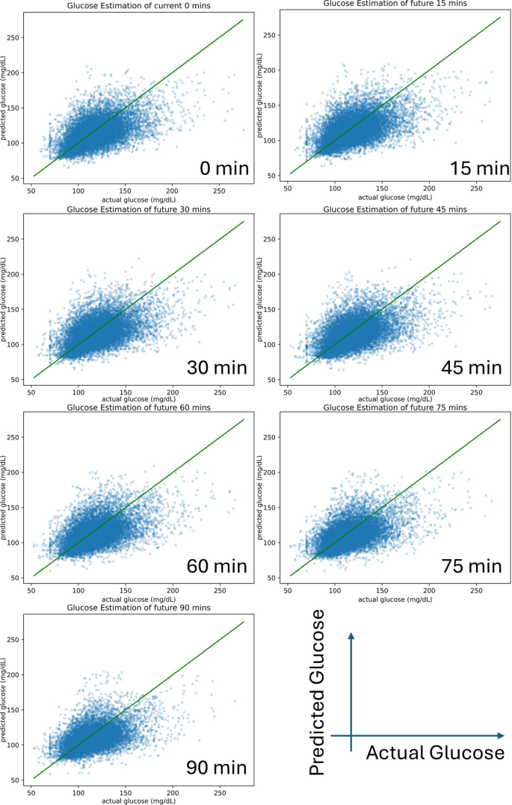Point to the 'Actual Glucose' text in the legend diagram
coord(435,753)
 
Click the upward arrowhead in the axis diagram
coord(351,636)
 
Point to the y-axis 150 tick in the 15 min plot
coord(269,105)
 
